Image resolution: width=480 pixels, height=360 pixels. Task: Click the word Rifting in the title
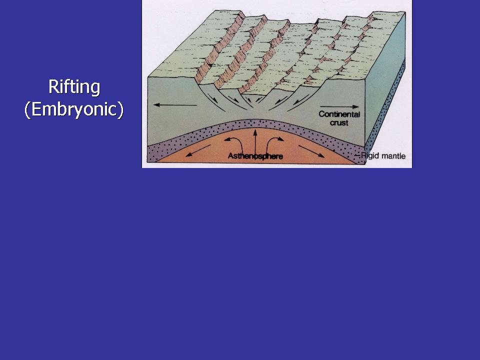(74, 87)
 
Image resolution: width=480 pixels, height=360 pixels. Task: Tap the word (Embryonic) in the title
(74, 109)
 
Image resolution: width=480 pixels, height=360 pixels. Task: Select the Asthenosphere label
(255, 156)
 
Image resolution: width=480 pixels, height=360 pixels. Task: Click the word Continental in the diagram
(339, 114)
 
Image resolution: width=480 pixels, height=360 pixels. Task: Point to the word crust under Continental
(339, 123)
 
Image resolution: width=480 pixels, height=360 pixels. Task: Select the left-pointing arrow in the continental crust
(175, 105)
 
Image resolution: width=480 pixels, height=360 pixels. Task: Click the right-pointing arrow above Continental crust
(339, 107)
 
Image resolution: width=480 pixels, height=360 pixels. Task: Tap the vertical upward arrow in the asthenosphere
(254, 141)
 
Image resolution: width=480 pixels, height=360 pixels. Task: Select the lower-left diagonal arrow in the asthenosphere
(198, 150)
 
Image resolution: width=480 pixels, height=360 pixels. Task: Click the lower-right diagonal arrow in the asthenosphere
(311, 151)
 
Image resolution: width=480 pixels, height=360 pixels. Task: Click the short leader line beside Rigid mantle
(357, 156)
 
